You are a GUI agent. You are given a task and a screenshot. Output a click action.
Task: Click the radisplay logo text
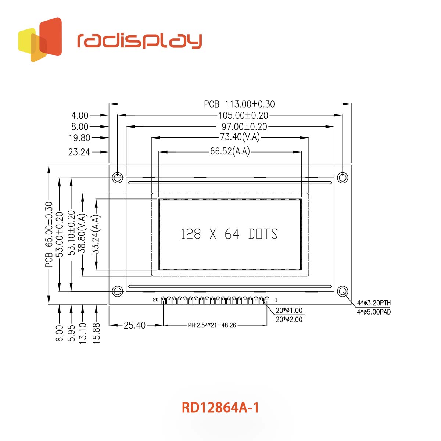[x=139, y=41]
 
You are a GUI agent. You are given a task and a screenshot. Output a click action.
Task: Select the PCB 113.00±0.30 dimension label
[x=239, y=104]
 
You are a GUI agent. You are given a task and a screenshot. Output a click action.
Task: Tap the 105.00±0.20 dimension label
[x=243, y=115]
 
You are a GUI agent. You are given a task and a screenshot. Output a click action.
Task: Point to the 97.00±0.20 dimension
[x=244, y=127]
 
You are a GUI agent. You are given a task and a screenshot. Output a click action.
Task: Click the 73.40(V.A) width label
[x=240, y=137]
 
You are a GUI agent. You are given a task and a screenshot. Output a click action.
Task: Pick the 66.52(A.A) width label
[x=230, y=151]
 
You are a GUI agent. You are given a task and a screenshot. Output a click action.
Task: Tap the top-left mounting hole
[x=118, y=178]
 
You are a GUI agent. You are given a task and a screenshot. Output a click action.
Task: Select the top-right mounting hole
[x=343, y=178]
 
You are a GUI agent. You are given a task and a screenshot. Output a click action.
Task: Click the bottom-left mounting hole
[x=118, y=291]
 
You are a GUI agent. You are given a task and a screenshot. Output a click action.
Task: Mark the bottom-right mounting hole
[x=343, y=291]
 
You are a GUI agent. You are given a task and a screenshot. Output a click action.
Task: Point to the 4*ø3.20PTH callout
[x=374, y=303]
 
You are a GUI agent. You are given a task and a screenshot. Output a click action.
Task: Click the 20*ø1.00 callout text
[x=289, y=311]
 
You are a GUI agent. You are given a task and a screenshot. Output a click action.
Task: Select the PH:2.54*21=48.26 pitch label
[x=212, y=325]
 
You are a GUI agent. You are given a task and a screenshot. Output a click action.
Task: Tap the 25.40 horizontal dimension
[x=135, y=325]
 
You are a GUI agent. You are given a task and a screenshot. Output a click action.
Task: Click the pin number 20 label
[x=155, y=300]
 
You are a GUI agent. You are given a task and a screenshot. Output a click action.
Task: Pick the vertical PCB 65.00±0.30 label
[x=49, y=234]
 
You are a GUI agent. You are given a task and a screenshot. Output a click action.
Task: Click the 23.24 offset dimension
[x=79, y=152]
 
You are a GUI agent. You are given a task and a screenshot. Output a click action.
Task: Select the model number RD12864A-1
[x=220, y=408]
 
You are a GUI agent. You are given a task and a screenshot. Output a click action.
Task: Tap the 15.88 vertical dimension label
[x=96, y=333]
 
